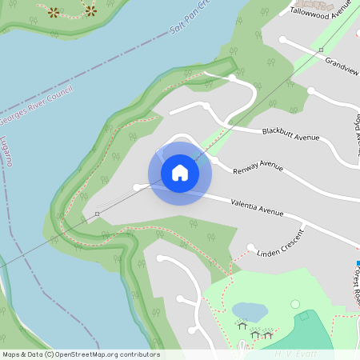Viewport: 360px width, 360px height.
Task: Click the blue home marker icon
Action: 180,173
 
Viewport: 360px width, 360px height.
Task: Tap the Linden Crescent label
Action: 282,254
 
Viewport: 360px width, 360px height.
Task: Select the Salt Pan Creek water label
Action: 192,22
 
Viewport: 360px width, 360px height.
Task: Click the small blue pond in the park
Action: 249,310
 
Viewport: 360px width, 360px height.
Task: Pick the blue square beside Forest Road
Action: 358,262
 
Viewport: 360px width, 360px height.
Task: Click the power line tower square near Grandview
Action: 321,50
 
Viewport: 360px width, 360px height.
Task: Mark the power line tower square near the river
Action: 97,214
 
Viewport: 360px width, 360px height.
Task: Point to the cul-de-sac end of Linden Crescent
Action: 250,246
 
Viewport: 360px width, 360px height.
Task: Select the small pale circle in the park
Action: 294,304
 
